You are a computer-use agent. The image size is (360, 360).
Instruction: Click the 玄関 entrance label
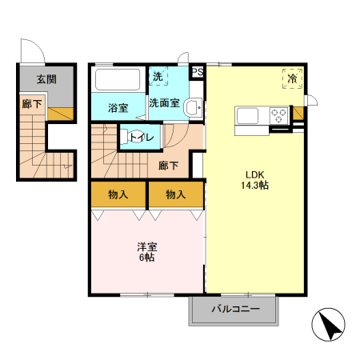click(46, 79)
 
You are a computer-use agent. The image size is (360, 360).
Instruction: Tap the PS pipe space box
click(198, 72)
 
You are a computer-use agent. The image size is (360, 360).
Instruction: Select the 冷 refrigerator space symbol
click(292, 78)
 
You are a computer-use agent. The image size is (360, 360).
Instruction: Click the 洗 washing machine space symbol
click(158, 77)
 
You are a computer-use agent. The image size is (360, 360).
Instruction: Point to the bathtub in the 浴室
click(118, 79)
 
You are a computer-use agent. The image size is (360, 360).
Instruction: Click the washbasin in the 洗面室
click(194, 107)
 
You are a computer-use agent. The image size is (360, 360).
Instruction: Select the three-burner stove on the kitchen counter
click(278, 115)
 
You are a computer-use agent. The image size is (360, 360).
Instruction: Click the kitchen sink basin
click(247, 116)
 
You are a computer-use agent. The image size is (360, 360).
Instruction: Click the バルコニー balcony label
click(236, 309)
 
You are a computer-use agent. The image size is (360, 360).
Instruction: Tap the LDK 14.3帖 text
click(254, 180)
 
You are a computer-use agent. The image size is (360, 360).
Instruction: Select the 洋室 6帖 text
click(147, 252)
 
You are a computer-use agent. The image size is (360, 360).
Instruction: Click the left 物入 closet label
click(118, 194)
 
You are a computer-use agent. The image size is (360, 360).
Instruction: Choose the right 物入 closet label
click(175, 194)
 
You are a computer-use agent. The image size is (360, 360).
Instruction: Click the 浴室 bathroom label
click(118, 108)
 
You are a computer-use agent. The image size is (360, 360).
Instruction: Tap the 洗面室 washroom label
click(164, 103)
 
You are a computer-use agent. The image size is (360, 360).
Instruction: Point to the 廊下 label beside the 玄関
click(32, 104)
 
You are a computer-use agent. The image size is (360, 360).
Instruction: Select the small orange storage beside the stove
click(298, 114)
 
